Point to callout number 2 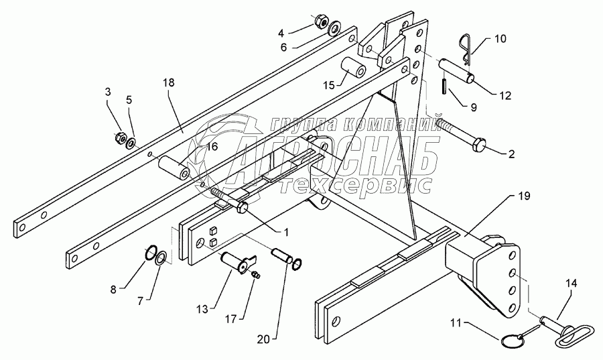[511, 154]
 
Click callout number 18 [167, 82]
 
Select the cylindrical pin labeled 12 [458, 72]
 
